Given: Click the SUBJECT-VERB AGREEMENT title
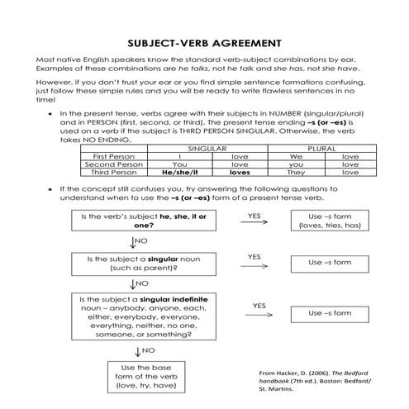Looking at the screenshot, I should pos(204,42).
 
